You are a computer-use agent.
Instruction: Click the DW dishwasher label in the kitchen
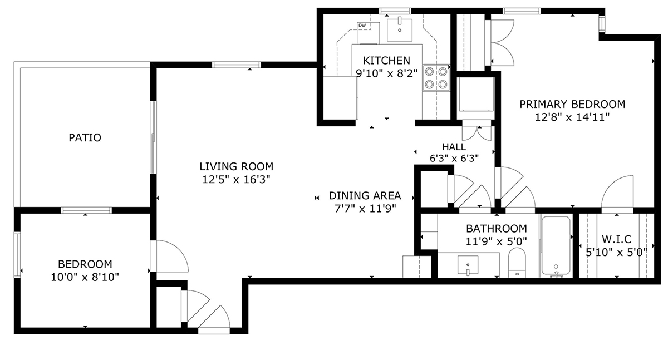(x=362, y=26)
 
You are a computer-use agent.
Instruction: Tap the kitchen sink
(x=400, y=29)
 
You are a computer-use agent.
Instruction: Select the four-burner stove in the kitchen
(x=436, y=78)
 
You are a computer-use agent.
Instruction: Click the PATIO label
(x=85, y=137)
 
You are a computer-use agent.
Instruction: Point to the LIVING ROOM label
(x=237, y=166)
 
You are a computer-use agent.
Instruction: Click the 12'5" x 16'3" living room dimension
(x=237, y=180)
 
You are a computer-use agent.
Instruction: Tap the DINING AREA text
(x=365, y=195)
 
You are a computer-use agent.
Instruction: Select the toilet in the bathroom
(x=517, y=263)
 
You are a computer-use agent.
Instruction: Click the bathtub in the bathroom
(x=556, y=246)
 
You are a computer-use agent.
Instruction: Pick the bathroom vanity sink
(x=468, y=265)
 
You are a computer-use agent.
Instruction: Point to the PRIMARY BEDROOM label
(x=572, y=104)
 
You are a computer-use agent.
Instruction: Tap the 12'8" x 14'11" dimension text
(x=572, y=117)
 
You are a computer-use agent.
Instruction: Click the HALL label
(x=454, y=147)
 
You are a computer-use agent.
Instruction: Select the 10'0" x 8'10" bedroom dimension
(x=85, y=277)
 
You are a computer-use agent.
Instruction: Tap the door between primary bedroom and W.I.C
(x=617, y=194)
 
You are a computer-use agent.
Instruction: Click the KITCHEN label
(x=386, y=61)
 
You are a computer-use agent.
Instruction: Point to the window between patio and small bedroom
(x=86, y=210)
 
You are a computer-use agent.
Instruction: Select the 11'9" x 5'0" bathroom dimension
(x=497, y=241)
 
